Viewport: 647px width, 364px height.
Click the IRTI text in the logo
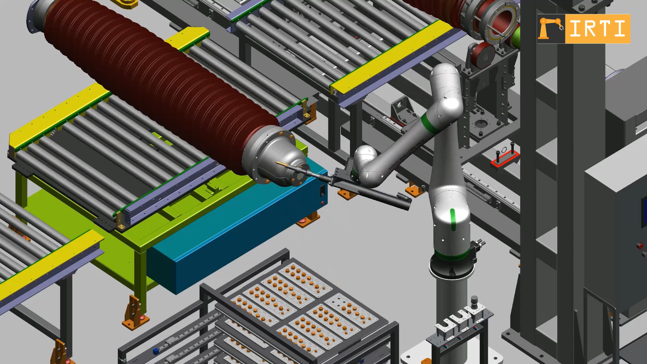tap(597, 29)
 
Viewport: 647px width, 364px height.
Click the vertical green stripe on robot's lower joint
tap(453, 220)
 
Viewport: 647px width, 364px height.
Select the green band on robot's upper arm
tap(430, 124)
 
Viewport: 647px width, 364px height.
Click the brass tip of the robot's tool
tap(281, 164)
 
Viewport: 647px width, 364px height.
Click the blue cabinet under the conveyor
tap(236, 236)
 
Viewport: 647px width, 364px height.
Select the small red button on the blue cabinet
tap(323, 203)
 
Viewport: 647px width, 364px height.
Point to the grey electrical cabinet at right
tap(617, 236)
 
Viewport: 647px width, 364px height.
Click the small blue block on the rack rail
tap(155, 351)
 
